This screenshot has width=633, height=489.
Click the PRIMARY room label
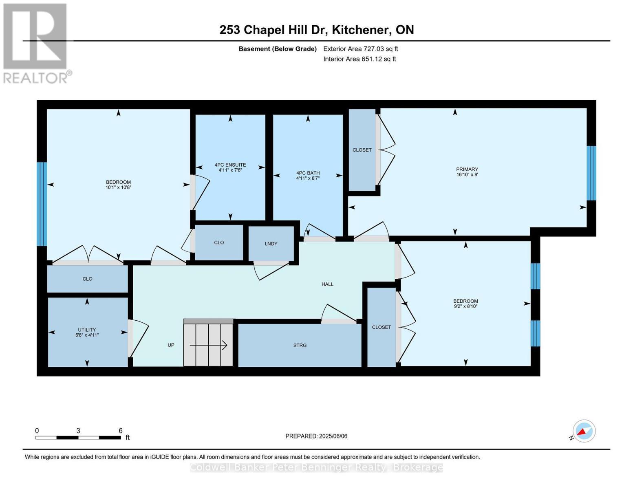click(467, 169)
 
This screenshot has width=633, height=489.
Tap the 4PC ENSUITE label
click(230, 165)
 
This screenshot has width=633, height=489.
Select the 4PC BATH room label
click(308, 173)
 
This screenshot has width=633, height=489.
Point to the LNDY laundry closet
click(271, 244)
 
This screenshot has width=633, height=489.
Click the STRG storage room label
click(300, 346)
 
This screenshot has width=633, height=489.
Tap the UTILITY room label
click(87, 330)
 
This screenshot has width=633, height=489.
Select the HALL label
click(327, 284)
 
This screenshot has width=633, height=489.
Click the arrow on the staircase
click(208, 346)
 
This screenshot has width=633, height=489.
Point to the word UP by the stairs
click(171, 345)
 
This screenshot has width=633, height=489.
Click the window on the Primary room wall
click(591, 173)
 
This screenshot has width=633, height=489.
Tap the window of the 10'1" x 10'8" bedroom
click(42, 204)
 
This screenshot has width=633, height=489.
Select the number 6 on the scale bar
click(121, 430)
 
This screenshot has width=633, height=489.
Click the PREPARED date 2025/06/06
click(333, 436)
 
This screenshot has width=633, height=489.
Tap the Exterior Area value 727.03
click(372, 48)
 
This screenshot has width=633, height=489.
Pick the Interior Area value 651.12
click(370, 59)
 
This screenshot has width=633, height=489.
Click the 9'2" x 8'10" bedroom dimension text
click(465, 306)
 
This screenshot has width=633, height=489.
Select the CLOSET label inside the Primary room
click(362, 150)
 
